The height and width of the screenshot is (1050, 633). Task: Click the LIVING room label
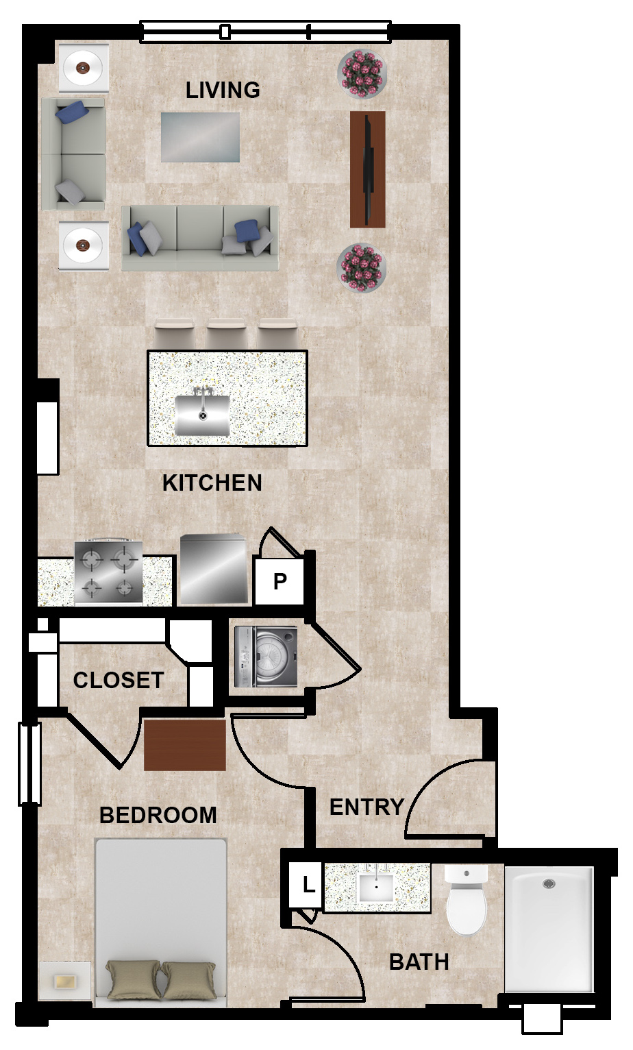click(x=223, y=90)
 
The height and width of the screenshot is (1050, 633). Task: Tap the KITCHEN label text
click(x=212, y=483)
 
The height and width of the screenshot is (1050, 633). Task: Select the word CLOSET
click(x=118, y=680)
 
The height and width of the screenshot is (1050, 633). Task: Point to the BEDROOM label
click(x=158, y=815)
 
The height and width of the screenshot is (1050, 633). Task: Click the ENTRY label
click(x=367, y=807)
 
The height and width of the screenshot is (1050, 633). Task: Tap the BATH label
click(x=419, y=962)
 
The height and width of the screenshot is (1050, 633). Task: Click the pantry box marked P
click(x=280, y=581)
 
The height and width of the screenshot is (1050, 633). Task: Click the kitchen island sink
click(x=202, y=415)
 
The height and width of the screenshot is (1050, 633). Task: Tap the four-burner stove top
click(x=108, y=572)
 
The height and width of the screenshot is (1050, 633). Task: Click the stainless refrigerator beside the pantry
click(x=214, y=569)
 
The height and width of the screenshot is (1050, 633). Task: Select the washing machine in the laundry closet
click(x=266, y=657)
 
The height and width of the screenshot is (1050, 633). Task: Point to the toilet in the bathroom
click(x=467, y=900)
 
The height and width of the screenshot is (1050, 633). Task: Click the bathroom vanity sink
click(x=376, y=887)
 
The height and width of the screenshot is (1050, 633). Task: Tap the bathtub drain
click(x=549, y=883)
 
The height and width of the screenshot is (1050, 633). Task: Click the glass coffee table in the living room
click(x=201, y=137)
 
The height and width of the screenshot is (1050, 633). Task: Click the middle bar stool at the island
click(x=227, y=333)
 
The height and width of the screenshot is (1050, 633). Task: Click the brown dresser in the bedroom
click(x=184, y=745)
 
